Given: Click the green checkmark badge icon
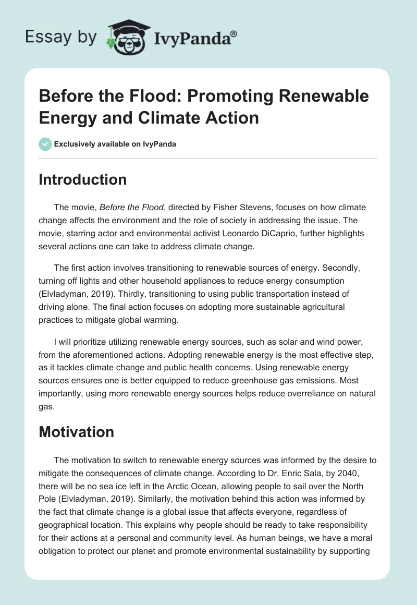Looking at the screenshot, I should click(x=45, y=144).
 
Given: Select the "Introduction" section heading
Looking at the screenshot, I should click(x=83, y=179).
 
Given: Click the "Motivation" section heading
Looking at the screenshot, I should click(x=76, y=432).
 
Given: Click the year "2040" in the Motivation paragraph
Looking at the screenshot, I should click(x=355, y=473).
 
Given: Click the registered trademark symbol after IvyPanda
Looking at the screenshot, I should click(x=234, y=32).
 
